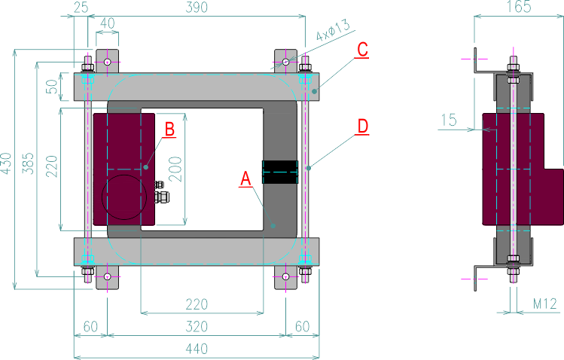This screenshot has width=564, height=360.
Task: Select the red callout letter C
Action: pyautogui.click(x=361, y=50)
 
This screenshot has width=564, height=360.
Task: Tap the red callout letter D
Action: pyautogui.click(x=363, y=126)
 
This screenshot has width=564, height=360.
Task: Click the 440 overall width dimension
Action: pyautogui.click(x=197, y=349)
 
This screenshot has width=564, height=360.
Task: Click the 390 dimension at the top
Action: pyautogui.click(x=197, y=7)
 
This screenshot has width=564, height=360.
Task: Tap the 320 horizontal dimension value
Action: pyautogui.click(x=197, y=327)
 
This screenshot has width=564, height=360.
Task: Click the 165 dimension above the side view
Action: pyautogui.click(x=518, y=7)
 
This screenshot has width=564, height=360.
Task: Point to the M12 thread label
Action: pyautogui.click(x=544, y=304)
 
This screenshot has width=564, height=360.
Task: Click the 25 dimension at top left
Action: pyautogui.click(x=81, y=7)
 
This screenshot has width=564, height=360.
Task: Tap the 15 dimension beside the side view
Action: pyautogui.click(x=449, y=119)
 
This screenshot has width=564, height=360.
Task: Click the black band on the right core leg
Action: pyautogui.click(x=279, y=172)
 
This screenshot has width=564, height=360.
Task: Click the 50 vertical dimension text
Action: pyautogui.click(x=52, y=87)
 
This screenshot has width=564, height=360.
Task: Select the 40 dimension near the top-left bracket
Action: pyautogui.click(x=108, y=25)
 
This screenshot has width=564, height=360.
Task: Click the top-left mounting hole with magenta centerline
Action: pyautogui.click(x=108, y=61)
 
